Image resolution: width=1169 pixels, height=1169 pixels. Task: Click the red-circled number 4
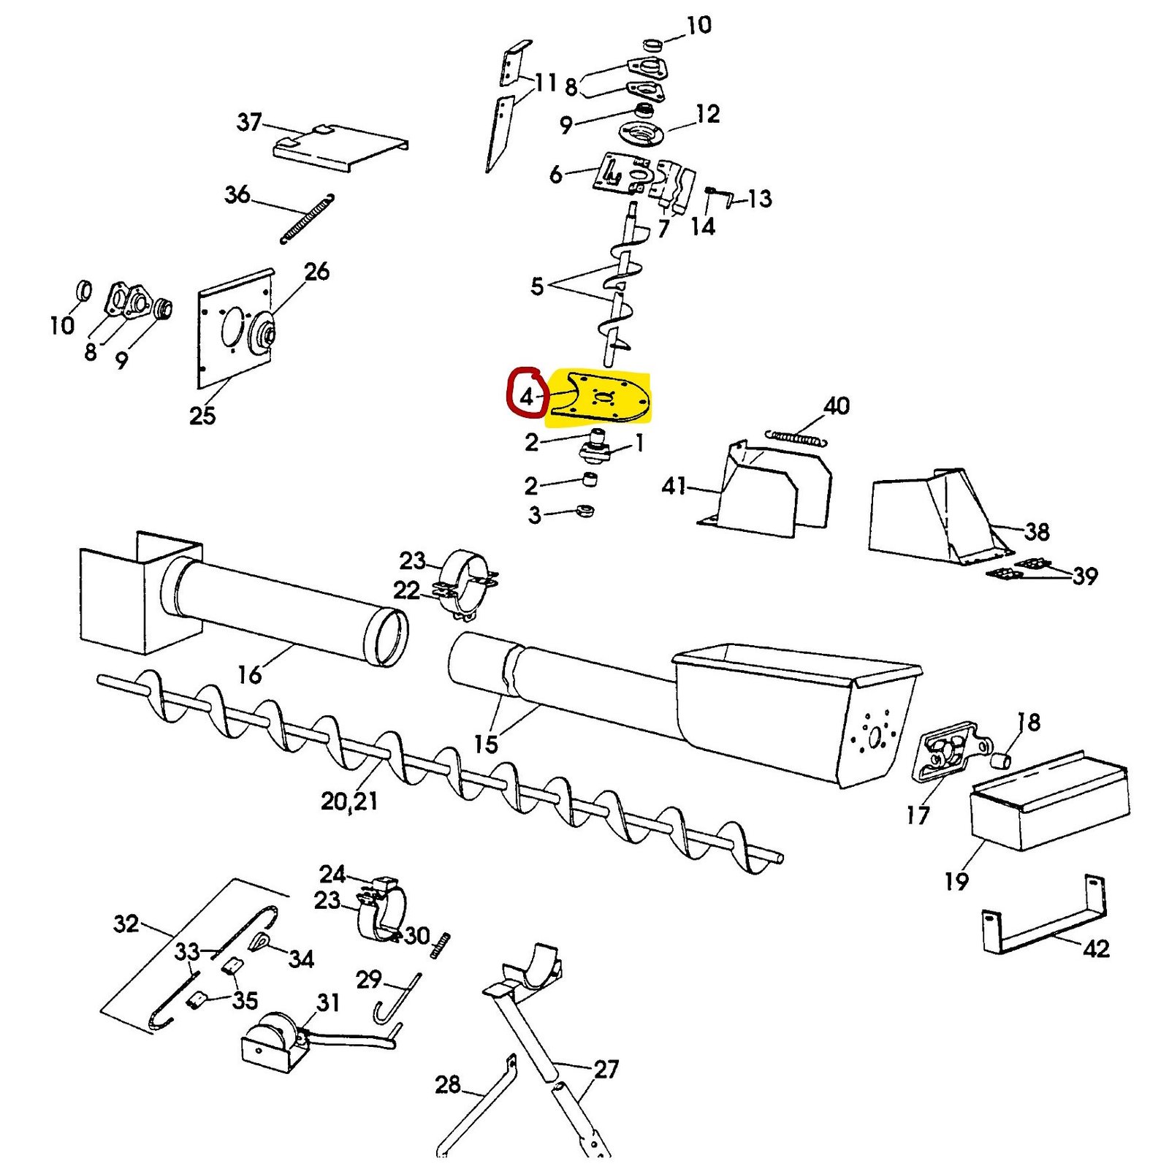click(x=527, y=397)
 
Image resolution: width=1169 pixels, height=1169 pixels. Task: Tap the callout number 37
click(x=249, y=121)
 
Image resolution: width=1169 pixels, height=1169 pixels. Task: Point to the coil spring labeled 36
click(x=307, y=218)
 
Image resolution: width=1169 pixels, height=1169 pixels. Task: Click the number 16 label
click(x=250, y=674)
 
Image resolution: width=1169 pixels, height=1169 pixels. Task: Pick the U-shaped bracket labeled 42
click(x=1043, y=915)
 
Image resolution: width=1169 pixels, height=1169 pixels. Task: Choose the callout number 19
click(x=956, y=880)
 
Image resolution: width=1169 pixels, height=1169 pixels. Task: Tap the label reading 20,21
click(x=349, y=801)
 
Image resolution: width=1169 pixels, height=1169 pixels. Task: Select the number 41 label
click(x=674, y=485)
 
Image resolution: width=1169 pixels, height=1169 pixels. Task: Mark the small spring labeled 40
click(x=796, y=438)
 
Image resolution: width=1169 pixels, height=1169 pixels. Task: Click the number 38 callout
click(x=1037, y=531)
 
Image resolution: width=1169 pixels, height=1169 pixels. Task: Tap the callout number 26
click(x=316, y=271)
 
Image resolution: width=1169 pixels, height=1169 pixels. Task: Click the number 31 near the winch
click(x=328, y=1002)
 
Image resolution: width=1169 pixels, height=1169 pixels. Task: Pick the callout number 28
click(x=448, y=1084)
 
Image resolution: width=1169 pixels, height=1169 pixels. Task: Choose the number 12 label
click(x=707, y=113)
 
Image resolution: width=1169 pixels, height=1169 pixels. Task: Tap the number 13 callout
click(x=760, y=198)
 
